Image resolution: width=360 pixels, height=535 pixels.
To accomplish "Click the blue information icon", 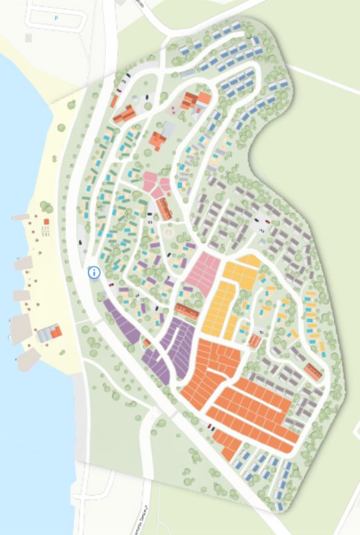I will point(94,272).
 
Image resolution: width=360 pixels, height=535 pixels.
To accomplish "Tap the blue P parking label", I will point(56,18).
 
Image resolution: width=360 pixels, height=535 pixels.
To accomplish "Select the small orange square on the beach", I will point(46,222).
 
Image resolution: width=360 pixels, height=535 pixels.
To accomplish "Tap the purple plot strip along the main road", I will point(121,321).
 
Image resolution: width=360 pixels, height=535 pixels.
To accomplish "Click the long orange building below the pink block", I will point(187,310).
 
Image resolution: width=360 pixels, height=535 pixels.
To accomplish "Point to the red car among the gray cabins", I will point(268,222).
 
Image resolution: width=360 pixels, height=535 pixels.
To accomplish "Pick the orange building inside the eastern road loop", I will point(313,372).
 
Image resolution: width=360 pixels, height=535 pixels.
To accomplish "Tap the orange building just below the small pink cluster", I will point(164,210).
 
